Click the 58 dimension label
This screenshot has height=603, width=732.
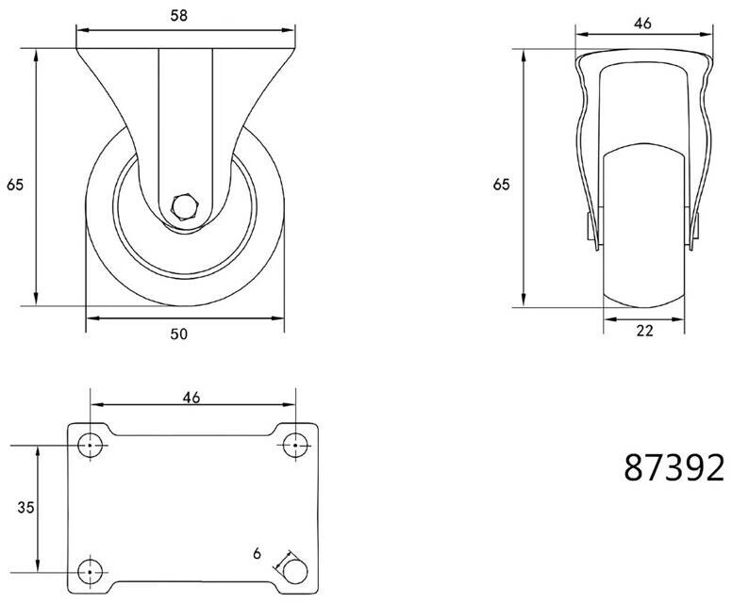point(179,15)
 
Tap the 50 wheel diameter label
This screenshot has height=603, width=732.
point(179,334)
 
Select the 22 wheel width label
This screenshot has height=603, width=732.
point(644,331)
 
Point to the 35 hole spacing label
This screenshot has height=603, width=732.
point(25,507)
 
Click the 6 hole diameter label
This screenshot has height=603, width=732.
point(257,554)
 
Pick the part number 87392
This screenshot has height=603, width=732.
point(674,467)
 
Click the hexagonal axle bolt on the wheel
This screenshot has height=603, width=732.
point(185,205)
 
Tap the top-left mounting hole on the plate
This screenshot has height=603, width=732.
point(91,446)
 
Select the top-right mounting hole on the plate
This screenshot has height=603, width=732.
point(295,446)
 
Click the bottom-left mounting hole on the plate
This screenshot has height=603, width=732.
point(91,572)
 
